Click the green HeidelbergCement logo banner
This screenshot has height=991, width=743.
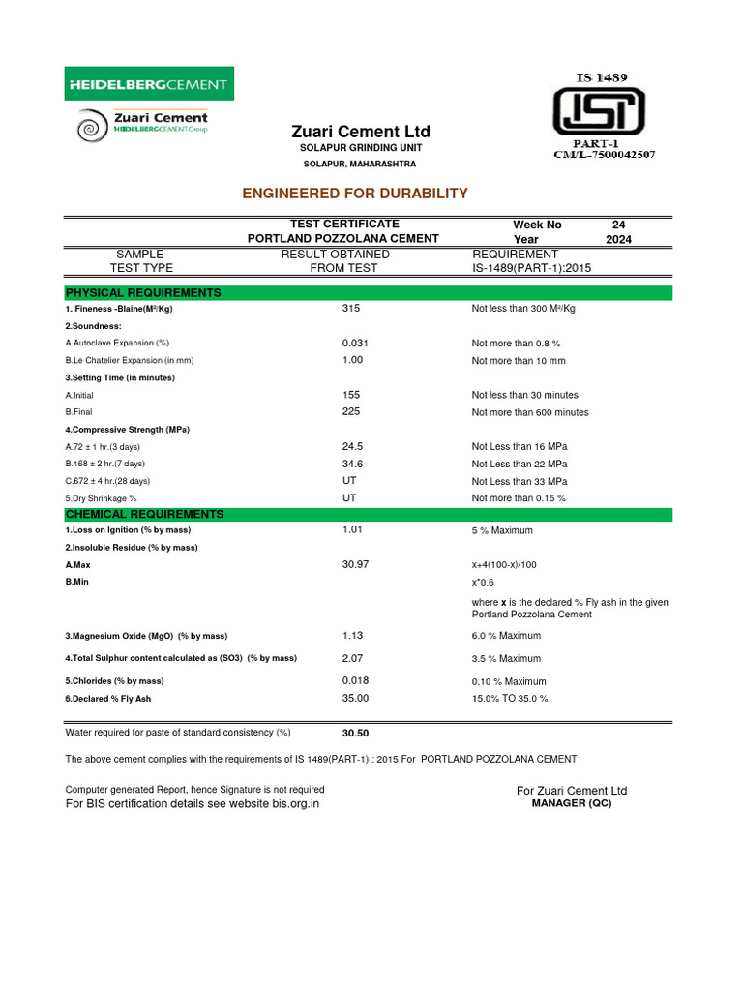pos(149,85)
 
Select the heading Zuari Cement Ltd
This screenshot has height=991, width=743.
pos(361,132)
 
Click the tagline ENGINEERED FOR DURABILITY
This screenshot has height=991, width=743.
pos(354,194)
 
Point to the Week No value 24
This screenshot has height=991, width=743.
pos(619,225)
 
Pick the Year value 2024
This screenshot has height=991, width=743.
pos(619,239)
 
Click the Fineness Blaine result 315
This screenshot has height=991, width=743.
pos(351,309)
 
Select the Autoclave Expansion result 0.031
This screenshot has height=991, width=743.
pos(355,344)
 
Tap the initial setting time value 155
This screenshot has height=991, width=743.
pos(351,395)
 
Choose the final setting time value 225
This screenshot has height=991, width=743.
pos(351,412)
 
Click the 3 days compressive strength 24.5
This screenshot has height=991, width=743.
pos(352,447)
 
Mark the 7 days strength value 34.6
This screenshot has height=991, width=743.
pos(352,465)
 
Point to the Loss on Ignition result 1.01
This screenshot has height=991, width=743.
pos(352,530)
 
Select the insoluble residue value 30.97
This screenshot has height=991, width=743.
pos(355,564)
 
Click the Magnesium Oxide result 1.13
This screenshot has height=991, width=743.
pos(352,636)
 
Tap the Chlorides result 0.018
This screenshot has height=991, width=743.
pos(355,680)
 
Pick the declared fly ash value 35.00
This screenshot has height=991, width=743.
pos(355,698)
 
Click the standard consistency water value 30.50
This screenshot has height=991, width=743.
pos(357,734)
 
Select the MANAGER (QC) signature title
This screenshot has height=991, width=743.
pos(573,804)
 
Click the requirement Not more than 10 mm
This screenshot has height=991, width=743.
pos(519,361)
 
